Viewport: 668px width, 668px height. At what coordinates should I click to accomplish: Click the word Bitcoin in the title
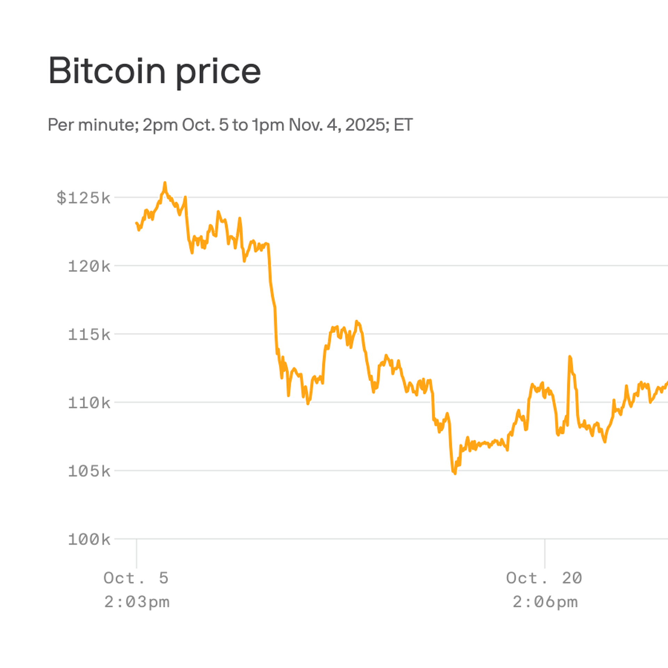click(107, 71)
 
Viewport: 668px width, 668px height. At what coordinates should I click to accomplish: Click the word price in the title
click(218, 72)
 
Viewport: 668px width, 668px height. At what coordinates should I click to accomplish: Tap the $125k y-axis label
click(83, 198)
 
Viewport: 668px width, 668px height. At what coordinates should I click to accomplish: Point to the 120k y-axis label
click(89, 267)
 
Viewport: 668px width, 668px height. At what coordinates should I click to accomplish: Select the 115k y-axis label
click(89, 335)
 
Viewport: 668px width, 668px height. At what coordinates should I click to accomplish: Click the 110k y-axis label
click(89, 403)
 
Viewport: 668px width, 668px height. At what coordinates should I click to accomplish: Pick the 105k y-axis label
click(89, 471)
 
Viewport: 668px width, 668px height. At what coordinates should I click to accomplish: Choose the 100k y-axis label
click(89, 540)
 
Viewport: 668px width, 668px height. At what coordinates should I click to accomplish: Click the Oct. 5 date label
click(136, 578)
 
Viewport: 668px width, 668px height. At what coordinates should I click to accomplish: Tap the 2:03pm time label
click(137, 602)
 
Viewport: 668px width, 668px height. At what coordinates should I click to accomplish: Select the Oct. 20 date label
click(544, 578)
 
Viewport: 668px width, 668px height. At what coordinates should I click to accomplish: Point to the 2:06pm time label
click(545, 602)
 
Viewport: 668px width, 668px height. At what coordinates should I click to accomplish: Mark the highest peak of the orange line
click(165, 183)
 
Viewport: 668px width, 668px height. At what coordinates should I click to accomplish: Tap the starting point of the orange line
click(136, 223)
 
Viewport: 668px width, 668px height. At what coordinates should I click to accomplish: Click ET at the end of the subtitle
click(403, 125)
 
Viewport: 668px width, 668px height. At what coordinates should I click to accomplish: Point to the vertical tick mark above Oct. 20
click(545, 554)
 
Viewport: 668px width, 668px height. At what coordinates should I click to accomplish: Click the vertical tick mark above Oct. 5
click(137, 554)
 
